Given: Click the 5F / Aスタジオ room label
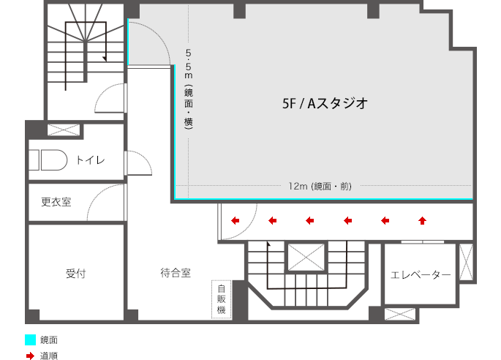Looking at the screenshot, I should pyautogui.click(x=324, y=104).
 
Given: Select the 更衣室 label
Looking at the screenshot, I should pyautogui.click(x=56, y=202).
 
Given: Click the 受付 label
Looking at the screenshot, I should pyautogui.click(x=76, y=274).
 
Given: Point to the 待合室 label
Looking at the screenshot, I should pyautogui.click(x=176, y=274).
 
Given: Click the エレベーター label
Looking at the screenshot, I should pyautogui.click(x=421, y=274).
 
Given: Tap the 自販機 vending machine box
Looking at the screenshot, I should pyautogui.click(x=221, y=299).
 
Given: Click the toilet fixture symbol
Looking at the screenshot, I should pyautogui.click(x=49, y=160).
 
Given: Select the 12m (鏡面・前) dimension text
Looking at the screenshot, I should pyautogui.click(x=320, y=187).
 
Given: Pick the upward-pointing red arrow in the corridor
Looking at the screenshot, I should pyautogui.click(x=422, y=219).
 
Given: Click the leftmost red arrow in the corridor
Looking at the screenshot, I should pyautogui.click(x=236, y=219).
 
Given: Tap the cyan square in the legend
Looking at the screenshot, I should pyautogui.click(x=30, y=340).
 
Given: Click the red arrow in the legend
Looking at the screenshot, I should pyautogui.click(x=30, y=356).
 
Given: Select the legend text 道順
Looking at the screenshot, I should pyautogui.click(x=49, y=356).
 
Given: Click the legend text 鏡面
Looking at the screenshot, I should pyautogui.click(x=49, y=340).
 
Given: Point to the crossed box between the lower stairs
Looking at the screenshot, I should pyautogui.click(x=306, y=258).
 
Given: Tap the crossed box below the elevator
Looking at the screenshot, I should pyautogui.click(x=399, y=315).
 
